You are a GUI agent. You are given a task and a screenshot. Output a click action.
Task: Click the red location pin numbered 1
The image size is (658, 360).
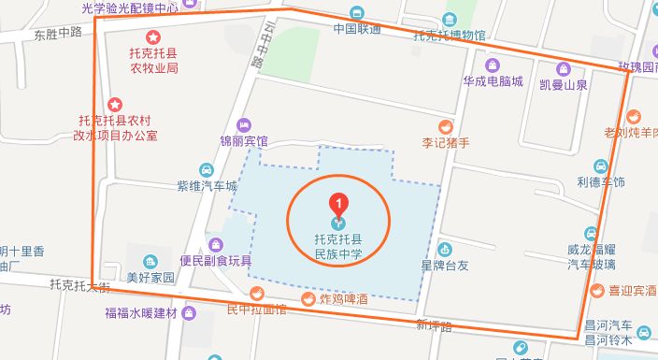(x=339, y=201)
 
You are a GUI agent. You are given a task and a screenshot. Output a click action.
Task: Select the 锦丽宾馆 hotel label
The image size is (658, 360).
(x=243, y=141)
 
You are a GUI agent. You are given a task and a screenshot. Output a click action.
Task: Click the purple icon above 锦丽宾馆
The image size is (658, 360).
(x=245, y=124)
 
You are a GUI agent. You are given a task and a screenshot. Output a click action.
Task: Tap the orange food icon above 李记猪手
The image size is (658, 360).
(x=446, y=125)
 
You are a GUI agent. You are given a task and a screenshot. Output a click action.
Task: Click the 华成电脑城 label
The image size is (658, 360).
(x=492, y=81)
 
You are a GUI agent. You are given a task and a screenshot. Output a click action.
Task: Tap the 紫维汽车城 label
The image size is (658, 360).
(x=207, y=186)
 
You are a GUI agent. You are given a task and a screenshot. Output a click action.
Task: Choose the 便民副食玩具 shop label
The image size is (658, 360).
(x=217, y=260)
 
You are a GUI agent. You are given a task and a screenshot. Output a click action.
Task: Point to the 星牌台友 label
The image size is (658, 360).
(x=445, y=265)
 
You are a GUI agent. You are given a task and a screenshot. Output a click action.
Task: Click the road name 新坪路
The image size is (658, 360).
(x=435, y=325)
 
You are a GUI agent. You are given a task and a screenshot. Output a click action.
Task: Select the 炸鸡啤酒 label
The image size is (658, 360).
(x=335, y=299)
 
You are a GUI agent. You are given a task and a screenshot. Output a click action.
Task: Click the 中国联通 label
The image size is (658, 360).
(x=357, y=28)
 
